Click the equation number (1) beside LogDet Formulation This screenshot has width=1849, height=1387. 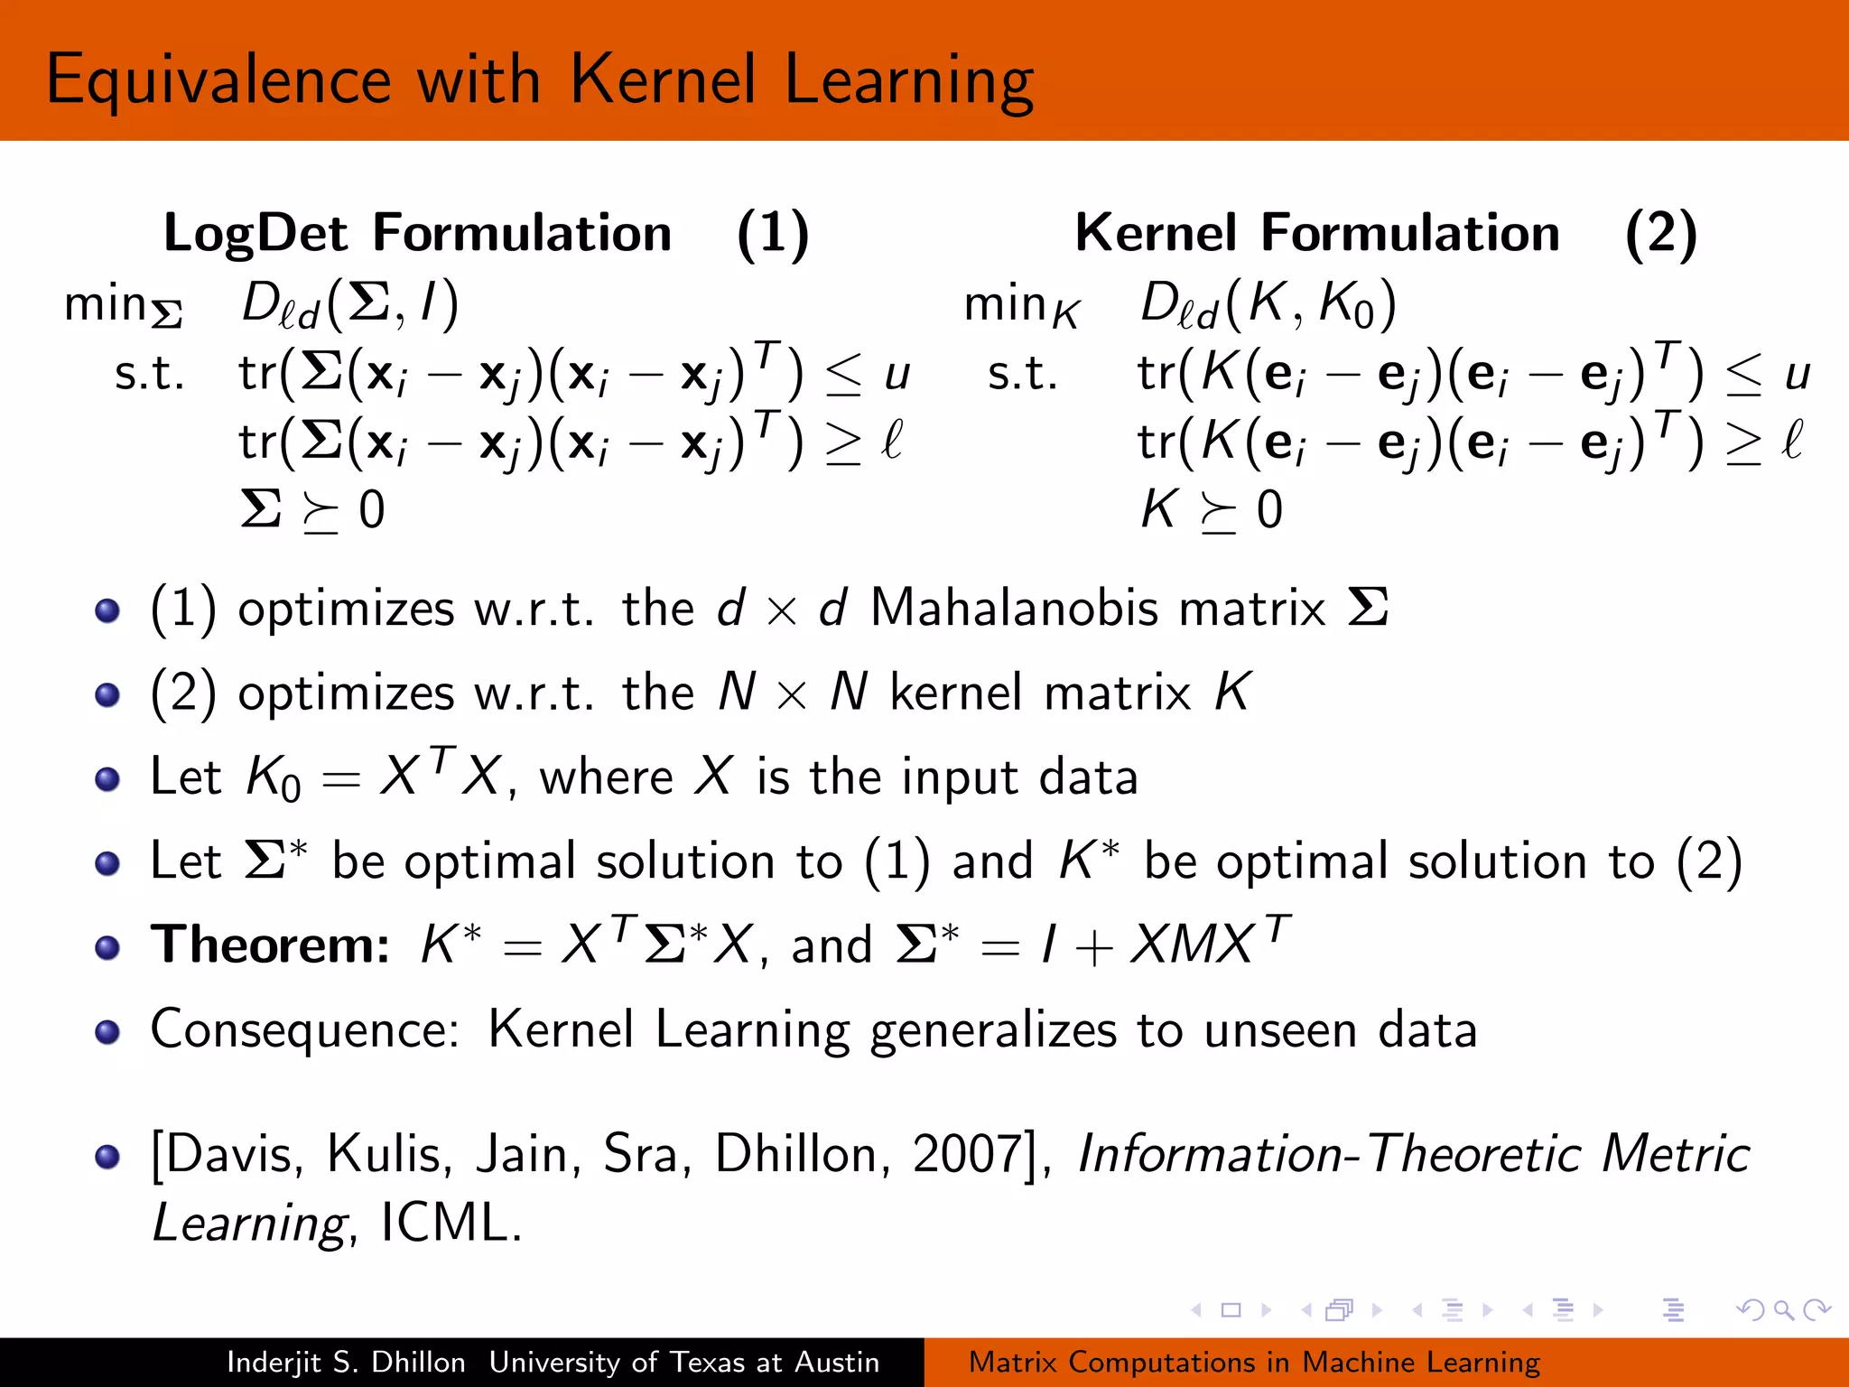coord(773,234)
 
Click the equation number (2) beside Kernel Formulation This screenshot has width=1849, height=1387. coord(1661,234)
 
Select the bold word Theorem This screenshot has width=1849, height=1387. coord(270,945)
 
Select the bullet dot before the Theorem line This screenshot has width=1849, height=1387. coord(107,947)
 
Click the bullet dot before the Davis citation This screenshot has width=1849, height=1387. coord(107,1157)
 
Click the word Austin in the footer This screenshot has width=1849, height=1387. coord(837,1362)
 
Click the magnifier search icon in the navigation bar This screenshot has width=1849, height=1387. coord(1783,1309)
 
